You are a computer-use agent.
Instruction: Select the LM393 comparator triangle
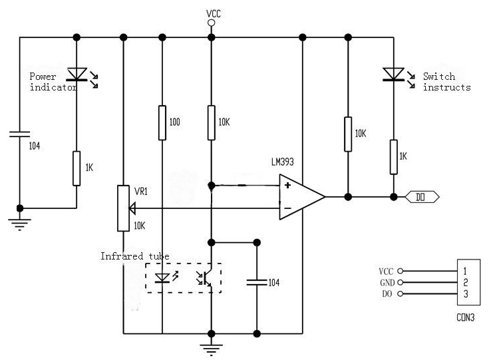(x=299, y=197)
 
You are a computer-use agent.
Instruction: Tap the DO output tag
(x=422, y=197)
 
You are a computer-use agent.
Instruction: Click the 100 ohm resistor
(x=162, y=122)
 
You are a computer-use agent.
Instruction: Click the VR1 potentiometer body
(x=123, y=208)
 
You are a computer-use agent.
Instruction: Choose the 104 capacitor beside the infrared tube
(x=257, y=282)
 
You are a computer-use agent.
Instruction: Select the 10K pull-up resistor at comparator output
(x=348, y=133)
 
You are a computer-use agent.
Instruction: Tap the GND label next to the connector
(x=387, y=283)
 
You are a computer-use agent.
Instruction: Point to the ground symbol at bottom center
(x=211, y=347)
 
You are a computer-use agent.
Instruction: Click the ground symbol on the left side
(x=20, y=220)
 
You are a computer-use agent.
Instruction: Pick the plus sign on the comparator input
(x=287, y=185)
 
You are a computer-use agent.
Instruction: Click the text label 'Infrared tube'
(x=135, y=256)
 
